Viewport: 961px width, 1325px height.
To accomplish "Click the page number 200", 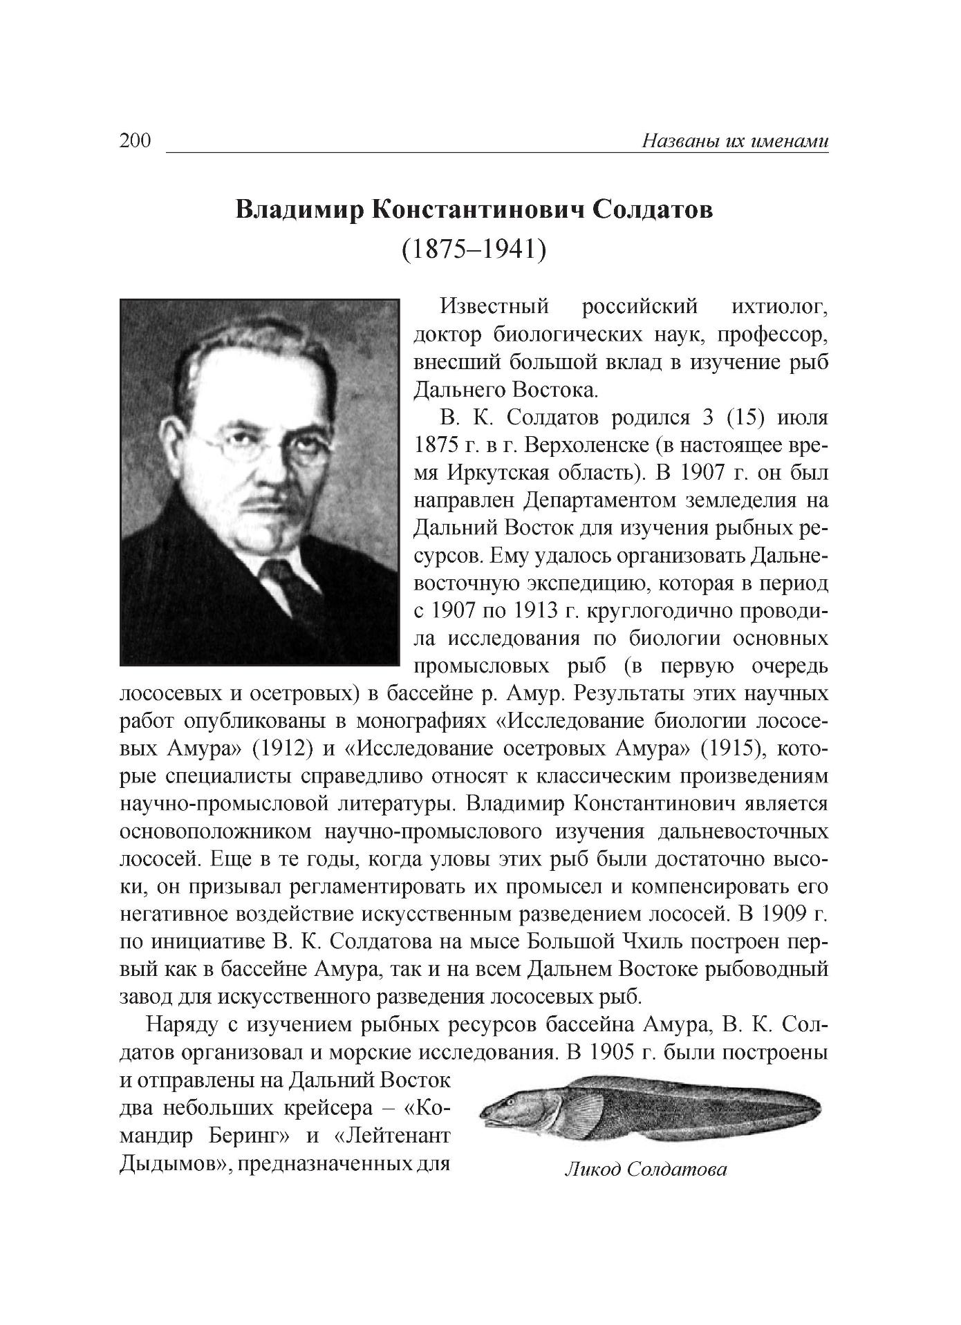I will click(x=135, y=141).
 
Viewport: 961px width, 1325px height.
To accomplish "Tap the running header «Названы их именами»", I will click(x=735, y=141).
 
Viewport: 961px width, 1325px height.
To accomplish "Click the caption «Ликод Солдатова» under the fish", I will click(x=646, y=1169).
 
